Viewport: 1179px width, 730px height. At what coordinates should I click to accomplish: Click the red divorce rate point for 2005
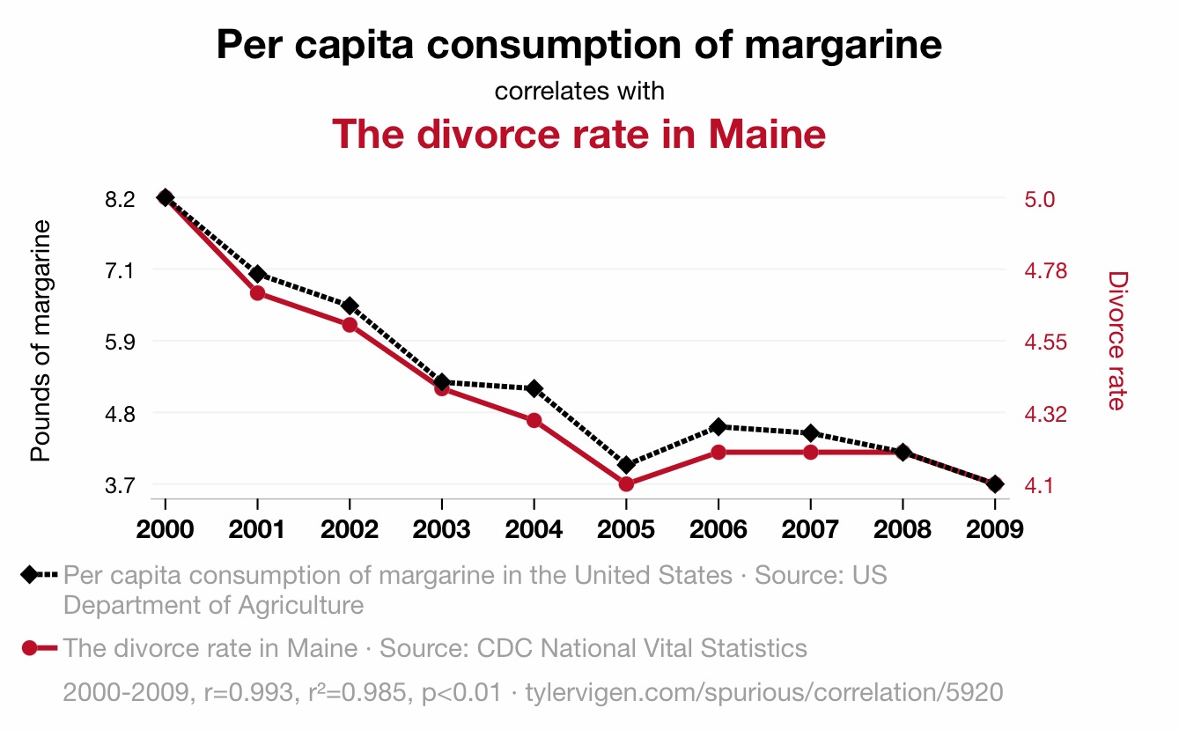coord(626,484)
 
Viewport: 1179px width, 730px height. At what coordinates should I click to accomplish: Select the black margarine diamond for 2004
coord(534,388)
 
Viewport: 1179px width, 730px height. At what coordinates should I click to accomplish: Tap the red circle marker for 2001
coord(257,292)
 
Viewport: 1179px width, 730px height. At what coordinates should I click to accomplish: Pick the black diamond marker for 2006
coord(718,426)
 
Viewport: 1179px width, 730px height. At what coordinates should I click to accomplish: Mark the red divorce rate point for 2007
coord(810,453)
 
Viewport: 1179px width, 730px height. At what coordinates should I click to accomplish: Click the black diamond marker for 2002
coord(350,306)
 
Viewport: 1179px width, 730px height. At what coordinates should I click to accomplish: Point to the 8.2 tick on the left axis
coord(120,199)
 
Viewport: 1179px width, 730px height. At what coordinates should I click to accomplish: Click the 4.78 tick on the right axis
coord(1046,270)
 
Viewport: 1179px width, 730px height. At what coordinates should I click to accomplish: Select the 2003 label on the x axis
coord(441,529)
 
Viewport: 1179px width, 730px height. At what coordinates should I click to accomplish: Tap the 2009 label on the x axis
coord(994,529)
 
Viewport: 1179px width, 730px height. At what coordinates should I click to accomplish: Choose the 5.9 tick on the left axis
coord(120,342)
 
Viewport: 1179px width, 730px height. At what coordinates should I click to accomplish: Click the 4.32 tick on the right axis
coord(1046,413)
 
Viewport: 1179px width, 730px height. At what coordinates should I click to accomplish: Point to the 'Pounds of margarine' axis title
coord(40,341)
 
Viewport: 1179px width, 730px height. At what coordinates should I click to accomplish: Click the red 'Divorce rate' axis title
coord(1116,341)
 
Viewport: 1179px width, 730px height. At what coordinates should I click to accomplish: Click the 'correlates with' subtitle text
coord(579,91)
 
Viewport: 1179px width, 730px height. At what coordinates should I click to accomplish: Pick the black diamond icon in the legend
coord(29,575)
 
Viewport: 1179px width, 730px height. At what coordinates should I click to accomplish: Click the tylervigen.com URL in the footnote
coord(763,692)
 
